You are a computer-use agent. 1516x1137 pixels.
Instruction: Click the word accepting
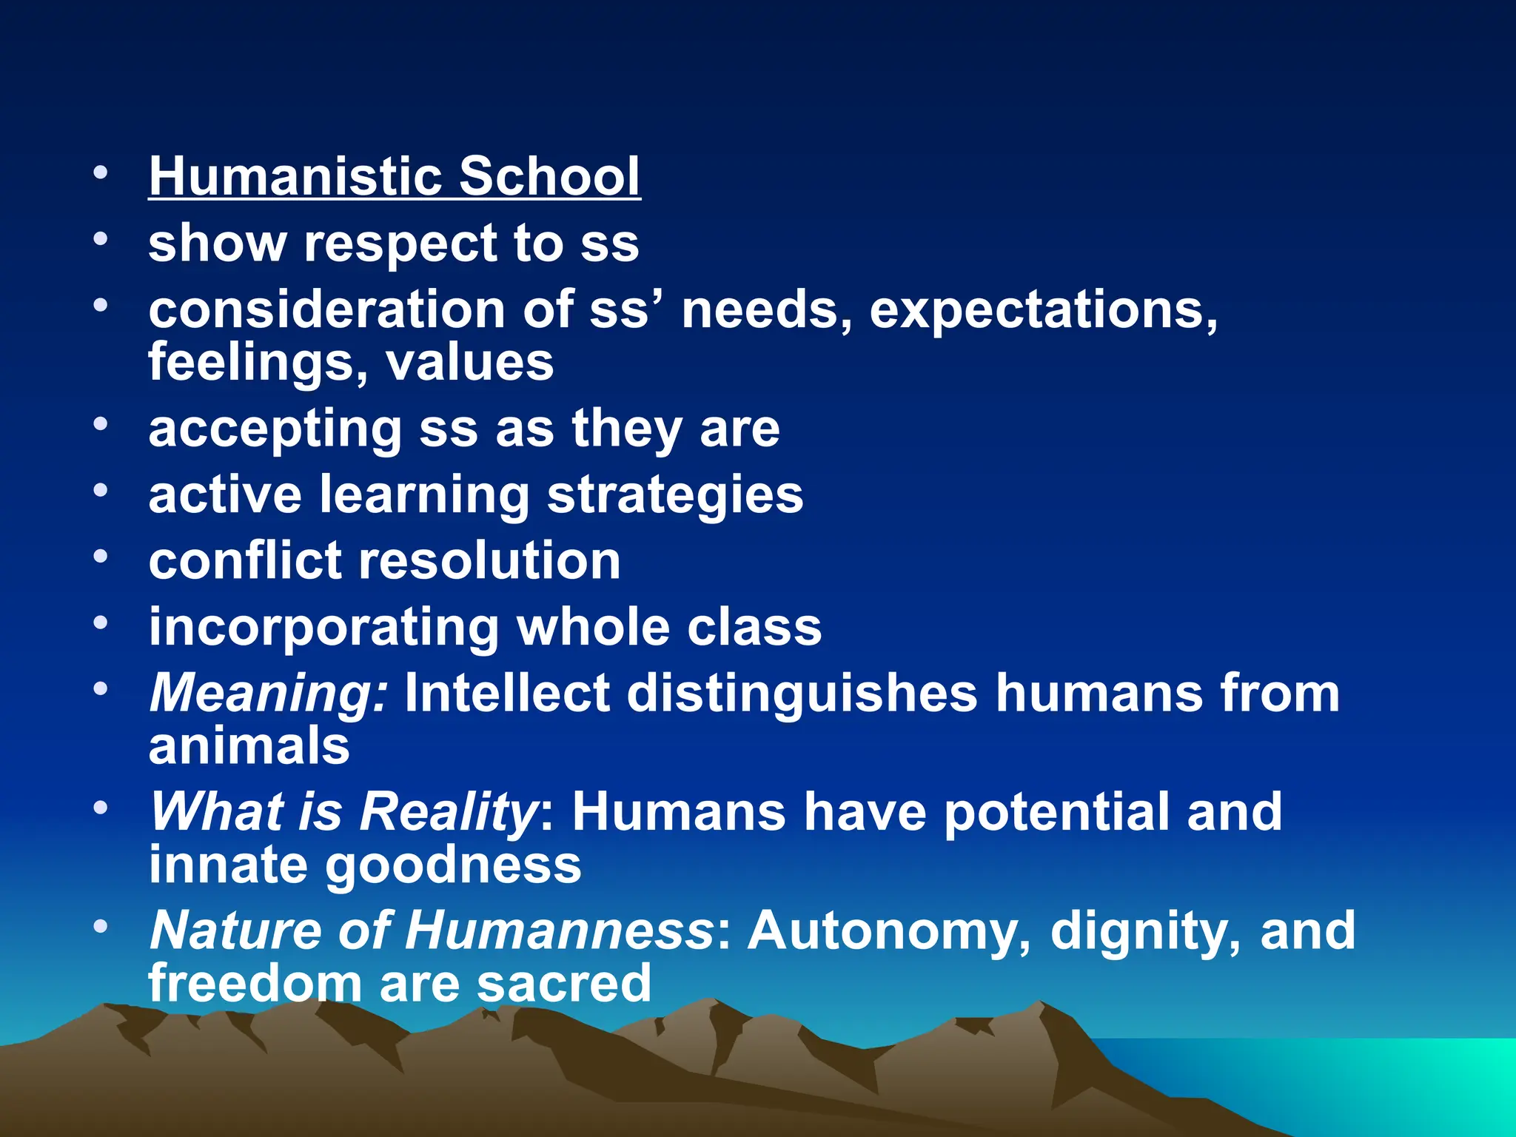pos(275,429)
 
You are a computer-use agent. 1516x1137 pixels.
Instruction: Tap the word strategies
pos(674,496)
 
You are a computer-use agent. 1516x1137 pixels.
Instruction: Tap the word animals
pos(249,745)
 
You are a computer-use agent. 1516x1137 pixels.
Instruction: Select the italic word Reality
pos(448,812)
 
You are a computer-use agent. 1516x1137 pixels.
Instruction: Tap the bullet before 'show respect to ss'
pos(101,238)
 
